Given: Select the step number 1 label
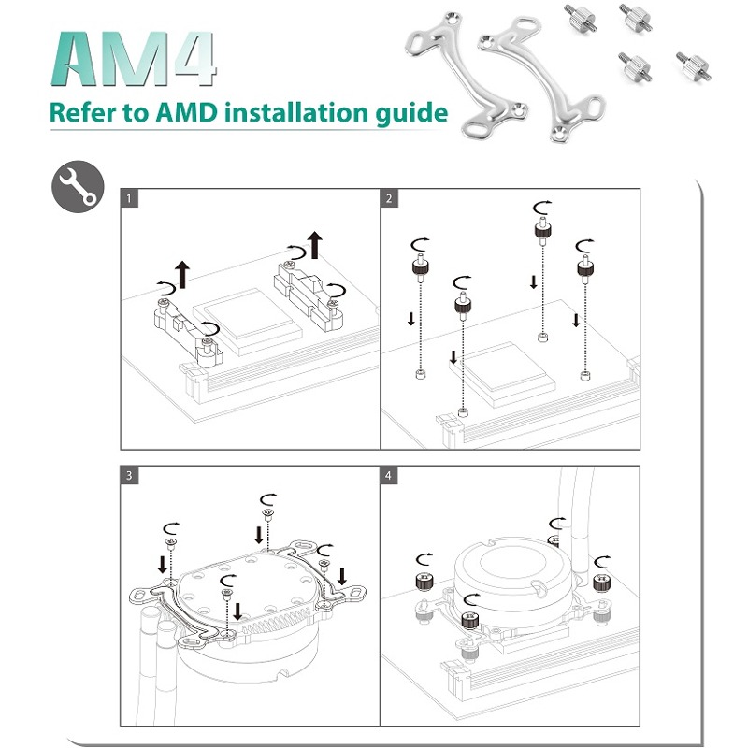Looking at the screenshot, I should pyautogui.click(x=131, y=199).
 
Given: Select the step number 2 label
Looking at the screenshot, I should pyautogui.click(x=390, y=199).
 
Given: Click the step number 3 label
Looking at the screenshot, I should pyautogui.click(x=131, y=475).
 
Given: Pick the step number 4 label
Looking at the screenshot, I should pyautogui.click(x=390, y=475).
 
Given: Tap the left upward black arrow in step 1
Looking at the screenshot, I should pyautogui.click(x=182, y=274).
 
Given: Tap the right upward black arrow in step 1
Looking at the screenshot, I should pyautogui.click(x=314, y=243).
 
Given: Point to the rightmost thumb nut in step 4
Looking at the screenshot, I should pyautogui.click(x=601, y=585).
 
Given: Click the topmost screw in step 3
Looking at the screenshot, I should pyautogui.click(x=267, y=512).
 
